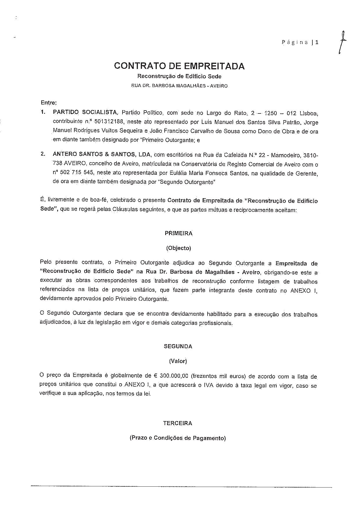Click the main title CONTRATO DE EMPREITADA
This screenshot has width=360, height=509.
pyautogui.click(x=179, y=66)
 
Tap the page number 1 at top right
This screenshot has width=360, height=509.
pyautogui.click(x=317, y=42)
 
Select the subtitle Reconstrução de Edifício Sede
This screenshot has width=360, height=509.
pyautogui.click(x=179, y=77)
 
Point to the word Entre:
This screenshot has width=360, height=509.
pyautogui.click(x=48, y=102)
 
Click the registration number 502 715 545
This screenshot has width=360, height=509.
pyautogui.click(x=77, y=173)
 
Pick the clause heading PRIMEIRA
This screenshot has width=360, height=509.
pyautogui.click(x=179, y=233)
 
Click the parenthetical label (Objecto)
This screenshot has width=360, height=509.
pyautogui.click(x=179, y=248)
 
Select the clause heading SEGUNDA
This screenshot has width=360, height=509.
pyautogui.click(x=178, y=346)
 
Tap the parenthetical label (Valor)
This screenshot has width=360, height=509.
pyautogui.click(x=178, y=361)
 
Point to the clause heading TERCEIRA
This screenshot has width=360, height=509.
pyautogui.click(x=177, y=423)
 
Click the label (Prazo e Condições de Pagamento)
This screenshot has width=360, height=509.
pyautogui.click(x=177, y=438)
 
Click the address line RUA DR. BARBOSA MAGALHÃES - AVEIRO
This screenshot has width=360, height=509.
pyautogui.click(x=179, y=86)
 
